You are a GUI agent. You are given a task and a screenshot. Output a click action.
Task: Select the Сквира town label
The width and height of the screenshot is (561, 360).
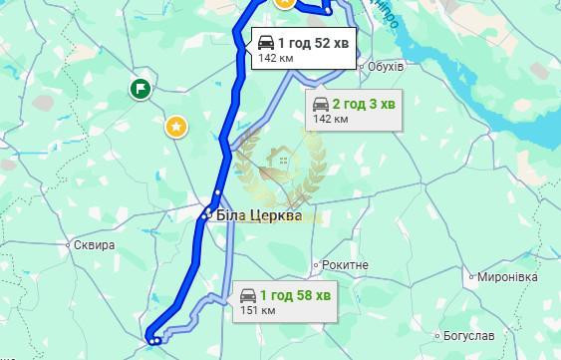click(x=95, y=244)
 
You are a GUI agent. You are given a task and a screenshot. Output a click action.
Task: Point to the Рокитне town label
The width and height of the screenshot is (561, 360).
click(x=345, y=265)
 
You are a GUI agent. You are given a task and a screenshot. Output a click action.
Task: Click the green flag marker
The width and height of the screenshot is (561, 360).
click(x=140, y=90)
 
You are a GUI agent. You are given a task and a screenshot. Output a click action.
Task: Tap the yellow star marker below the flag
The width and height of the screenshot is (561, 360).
click(x=176, y=126)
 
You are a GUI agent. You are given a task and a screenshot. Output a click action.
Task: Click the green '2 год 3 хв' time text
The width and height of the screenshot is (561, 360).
click(x=365, y=104)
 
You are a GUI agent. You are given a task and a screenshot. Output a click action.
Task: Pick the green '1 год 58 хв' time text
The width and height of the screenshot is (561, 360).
click(x=295, y=296)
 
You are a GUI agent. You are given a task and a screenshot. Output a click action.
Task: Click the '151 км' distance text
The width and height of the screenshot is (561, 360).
click(x=257, y=311)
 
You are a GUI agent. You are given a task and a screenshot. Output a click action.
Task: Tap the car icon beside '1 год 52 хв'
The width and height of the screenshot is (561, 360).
click(x=266, y=42)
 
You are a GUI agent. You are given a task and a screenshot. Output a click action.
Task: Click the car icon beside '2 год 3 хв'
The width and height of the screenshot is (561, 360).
click(x=321, y=104)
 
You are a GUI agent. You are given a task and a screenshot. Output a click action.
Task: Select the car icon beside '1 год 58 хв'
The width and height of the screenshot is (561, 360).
click(x=246, y=296)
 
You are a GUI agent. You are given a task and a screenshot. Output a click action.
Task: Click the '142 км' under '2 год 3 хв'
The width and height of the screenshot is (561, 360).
click(x=331, y=119)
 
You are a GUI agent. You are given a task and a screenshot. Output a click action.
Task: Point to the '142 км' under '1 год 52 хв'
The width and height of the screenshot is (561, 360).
click(x=276, y=58)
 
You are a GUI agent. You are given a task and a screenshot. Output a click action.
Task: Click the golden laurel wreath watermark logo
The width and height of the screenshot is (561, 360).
click(x=283, y=165)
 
